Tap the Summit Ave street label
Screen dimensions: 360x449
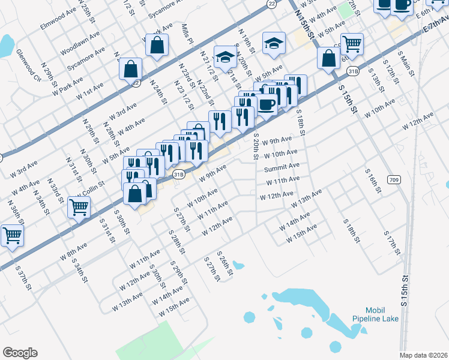pyautogui.click(x=282, y=168)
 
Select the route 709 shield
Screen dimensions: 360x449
pyautogui.click(x=394, y=179)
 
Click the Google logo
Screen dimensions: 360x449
pyautogui.click(x=20, y=353)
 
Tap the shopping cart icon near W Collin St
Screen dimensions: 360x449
pyautogui.click(x=79, y=208)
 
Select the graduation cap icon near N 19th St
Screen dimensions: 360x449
pyautogui.click(x=274, y=43)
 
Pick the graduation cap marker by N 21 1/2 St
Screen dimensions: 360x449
pyautogui.click(x=226, y=57)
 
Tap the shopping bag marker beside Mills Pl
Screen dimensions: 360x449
pyautogui.click(x=157, y=45)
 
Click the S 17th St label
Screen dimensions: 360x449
pyautogui.click(x=393, y=246)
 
